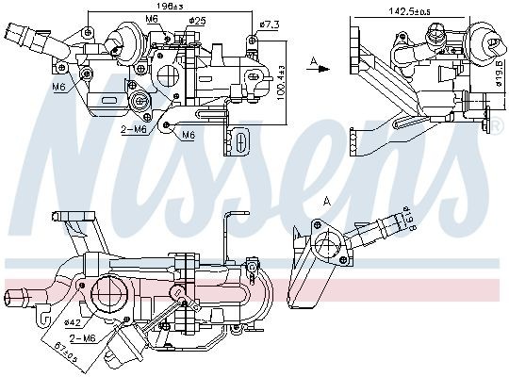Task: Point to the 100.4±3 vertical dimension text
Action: pos(280,87)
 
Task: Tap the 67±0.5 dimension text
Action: pos(89,358)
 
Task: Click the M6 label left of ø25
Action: pos(153,18)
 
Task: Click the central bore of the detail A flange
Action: pos(330,249)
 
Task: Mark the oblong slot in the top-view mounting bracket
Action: pos(238,143)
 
